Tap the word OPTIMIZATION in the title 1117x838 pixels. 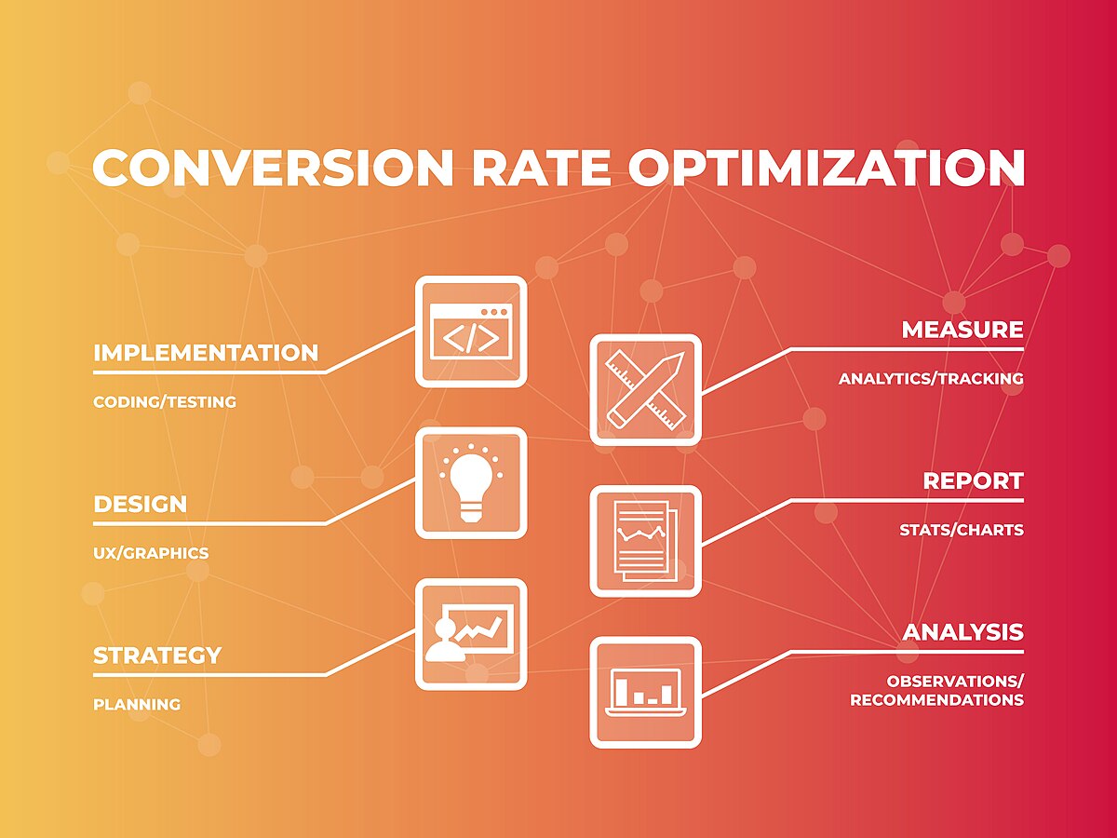(x=827, y=168)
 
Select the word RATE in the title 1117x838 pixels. (x=541, y=168)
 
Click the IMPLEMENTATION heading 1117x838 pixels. (x=206, y=354)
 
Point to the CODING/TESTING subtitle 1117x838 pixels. (x=165, y=402)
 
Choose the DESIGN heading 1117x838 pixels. (x=140, y=505)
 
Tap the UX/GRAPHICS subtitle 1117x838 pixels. (x=151, y=553)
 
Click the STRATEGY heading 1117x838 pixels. (x=157, y=656)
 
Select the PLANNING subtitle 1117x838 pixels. (x=137, y=705)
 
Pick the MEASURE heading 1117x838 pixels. (x=962, y=330)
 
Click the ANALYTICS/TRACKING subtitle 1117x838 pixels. (x=931, y=379)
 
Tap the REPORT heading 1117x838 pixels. (x=973, y=481)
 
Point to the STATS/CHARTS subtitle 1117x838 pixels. (x=962, y=530)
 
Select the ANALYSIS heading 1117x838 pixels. (x=962, y=632)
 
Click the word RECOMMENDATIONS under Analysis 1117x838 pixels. (x=936, y=700)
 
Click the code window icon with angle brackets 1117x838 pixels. (x=470, y=331)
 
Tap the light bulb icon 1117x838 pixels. (x=470, y=482)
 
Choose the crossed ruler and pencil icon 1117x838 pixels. (x=645, y=389)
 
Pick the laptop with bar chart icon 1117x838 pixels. (x=645, y=692)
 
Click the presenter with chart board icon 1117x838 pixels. (x=470, y=634)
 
